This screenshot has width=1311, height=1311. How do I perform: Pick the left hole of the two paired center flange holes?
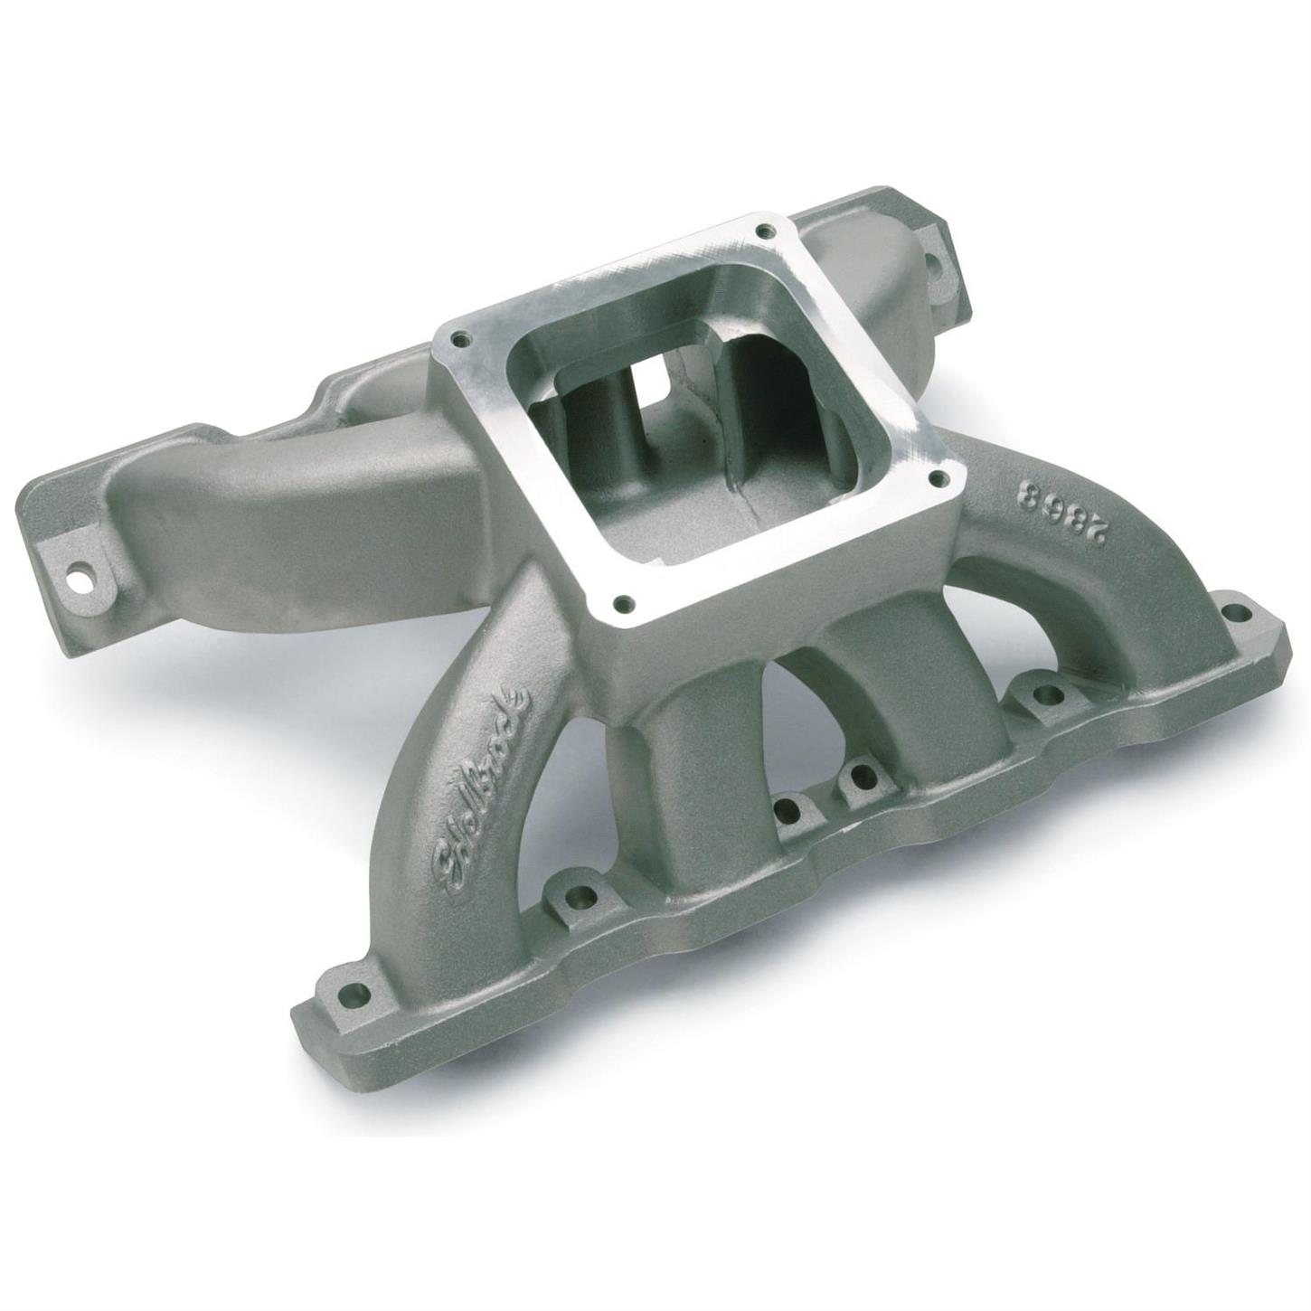790,807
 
